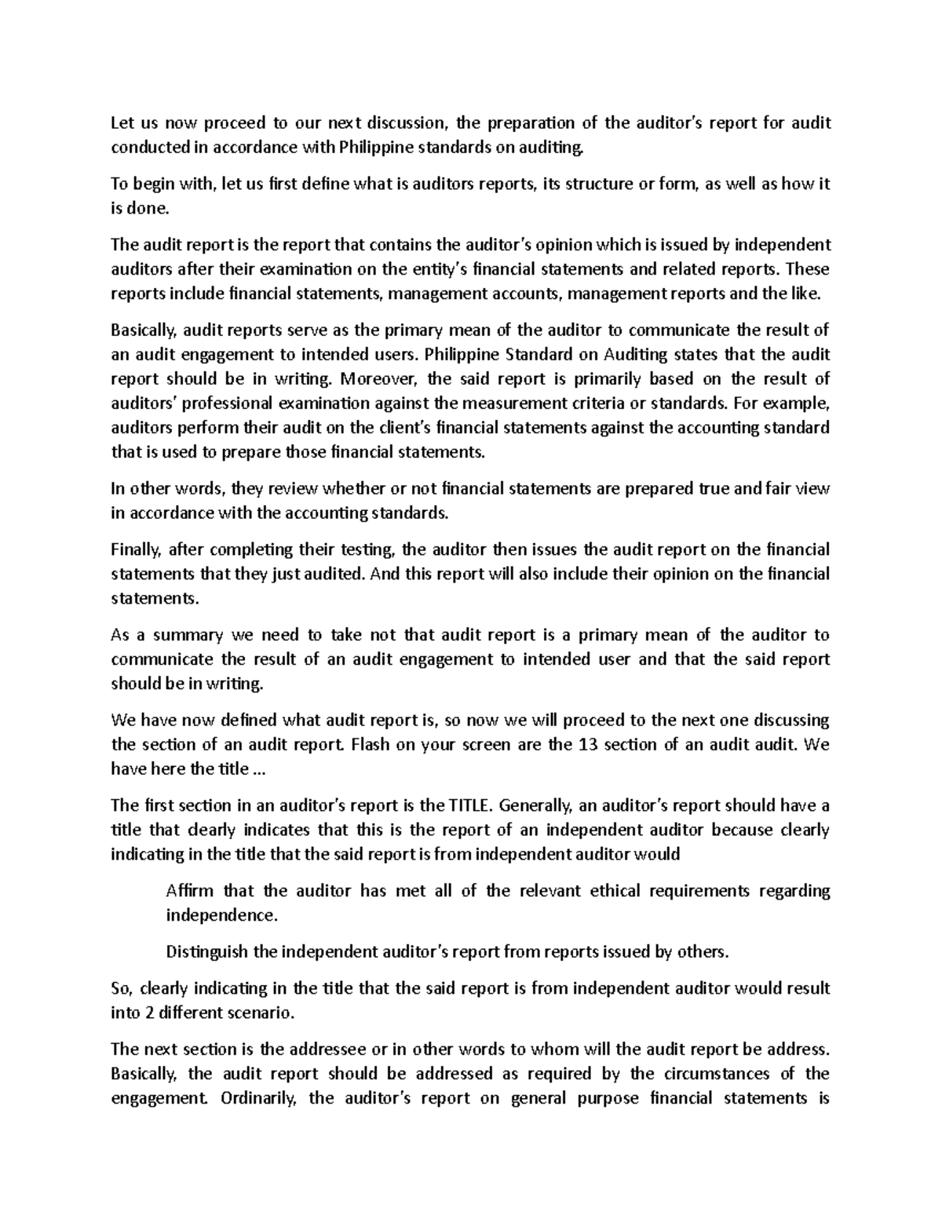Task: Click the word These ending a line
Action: tap(808, 269)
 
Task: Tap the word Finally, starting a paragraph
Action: tap(135, 549)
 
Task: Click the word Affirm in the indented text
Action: tap(189, 891)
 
